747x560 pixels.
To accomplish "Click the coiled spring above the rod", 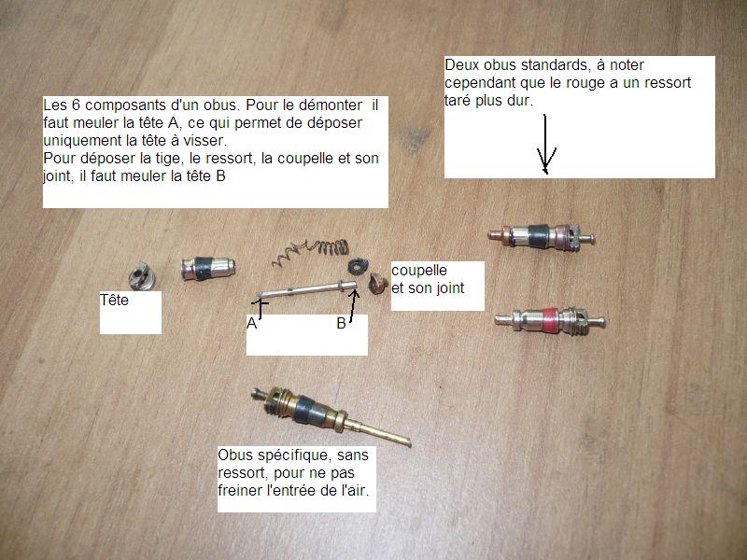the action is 312,250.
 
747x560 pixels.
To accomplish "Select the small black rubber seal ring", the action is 357,266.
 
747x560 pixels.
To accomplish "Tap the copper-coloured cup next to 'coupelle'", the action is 378,284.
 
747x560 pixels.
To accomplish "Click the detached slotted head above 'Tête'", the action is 142,275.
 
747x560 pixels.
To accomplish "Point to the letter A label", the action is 251,324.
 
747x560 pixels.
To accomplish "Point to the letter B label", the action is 341,324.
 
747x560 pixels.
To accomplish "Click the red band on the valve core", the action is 550,319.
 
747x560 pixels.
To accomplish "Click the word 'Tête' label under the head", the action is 114,300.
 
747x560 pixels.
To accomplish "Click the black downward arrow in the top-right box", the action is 545,144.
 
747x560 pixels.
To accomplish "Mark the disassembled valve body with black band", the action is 208,269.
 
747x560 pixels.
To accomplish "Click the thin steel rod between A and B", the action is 308,289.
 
